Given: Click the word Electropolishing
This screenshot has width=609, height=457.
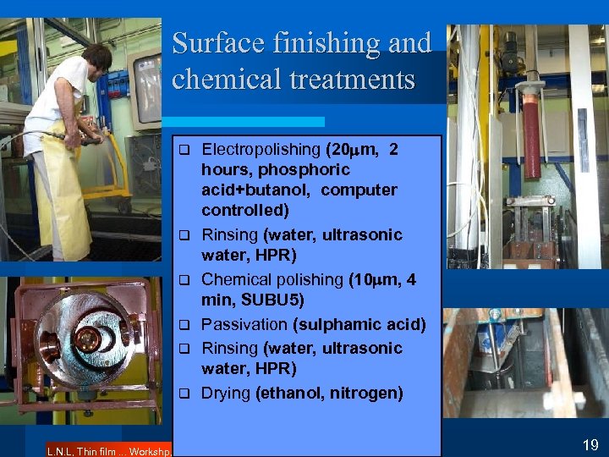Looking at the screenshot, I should (261, 150).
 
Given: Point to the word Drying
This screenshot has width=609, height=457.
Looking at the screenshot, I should (226, 393).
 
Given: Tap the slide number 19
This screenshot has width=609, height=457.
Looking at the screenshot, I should (590, 445).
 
